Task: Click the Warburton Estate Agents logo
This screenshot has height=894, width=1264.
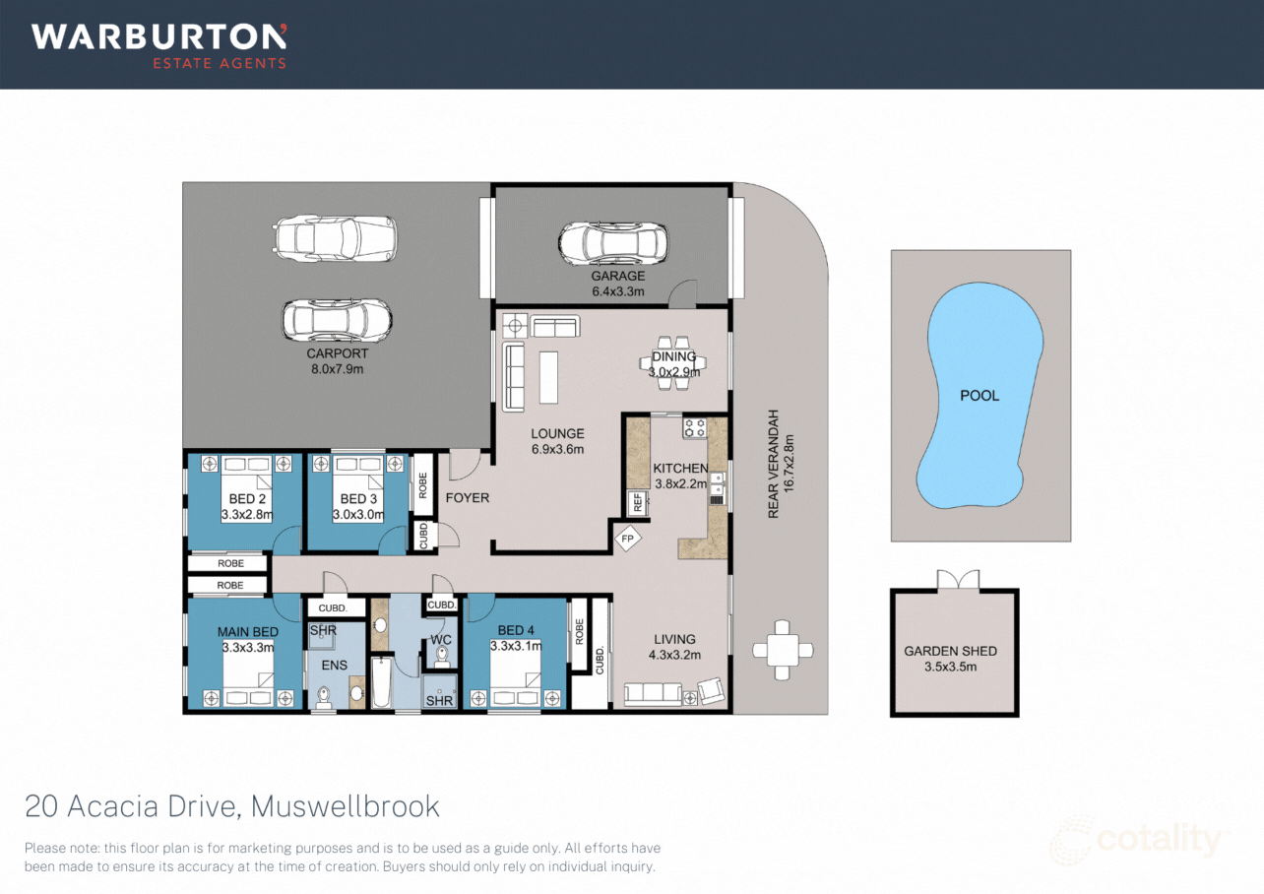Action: (158, 46)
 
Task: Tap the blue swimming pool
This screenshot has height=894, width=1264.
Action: (980, 395)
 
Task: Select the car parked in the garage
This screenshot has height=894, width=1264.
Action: (613, 244)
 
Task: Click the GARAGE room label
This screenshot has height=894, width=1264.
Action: (618, 276)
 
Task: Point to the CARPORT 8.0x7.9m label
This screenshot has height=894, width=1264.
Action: (337, 361)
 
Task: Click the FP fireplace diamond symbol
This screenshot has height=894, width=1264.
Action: (627, 539)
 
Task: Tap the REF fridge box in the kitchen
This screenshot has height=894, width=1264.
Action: (638, 503)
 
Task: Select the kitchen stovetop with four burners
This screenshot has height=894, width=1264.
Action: (695, 428)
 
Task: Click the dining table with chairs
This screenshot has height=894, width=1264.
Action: (672, 364)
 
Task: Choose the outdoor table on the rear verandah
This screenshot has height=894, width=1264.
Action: (783, 650)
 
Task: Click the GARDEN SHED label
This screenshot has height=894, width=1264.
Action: (950, 652)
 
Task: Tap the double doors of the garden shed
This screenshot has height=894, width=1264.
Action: (958, 580)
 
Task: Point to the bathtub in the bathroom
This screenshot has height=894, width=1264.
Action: (381, 682)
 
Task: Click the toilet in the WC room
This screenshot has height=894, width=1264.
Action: (441, 658)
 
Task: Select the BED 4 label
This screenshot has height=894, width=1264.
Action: (516, 630)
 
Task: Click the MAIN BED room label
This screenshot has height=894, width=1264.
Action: (248, 632)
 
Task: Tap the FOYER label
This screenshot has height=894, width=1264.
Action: (468, 498)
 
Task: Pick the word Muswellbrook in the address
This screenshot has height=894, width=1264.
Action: (345, 806)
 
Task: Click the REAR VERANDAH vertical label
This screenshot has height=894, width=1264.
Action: (774, 464)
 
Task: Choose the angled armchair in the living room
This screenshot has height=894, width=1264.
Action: (711, 691)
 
